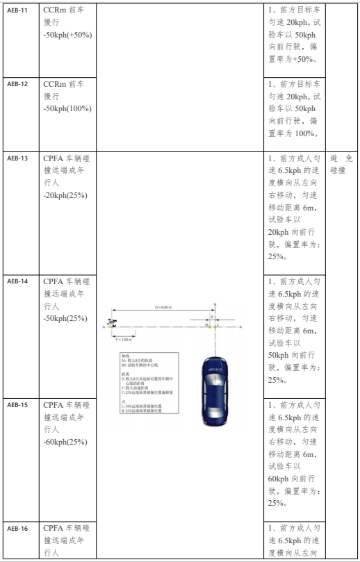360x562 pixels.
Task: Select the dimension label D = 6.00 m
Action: click(165, 308)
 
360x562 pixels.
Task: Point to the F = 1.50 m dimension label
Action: click(123, 340)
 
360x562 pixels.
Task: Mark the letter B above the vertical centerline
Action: click(215, 304)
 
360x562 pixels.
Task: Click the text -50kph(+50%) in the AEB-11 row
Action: click(67, 35)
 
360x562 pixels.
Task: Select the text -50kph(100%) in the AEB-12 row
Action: click(67, 108)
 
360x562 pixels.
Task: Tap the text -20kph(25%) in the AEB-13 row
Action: click(65, 195)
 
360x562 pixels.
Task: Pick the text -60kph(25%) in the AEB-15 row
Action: click(65, 441)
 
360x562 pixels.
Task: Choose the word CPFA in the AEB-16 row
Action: click(54, 528)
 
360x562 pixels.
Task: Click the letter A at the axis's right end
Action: click(240, 326)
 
